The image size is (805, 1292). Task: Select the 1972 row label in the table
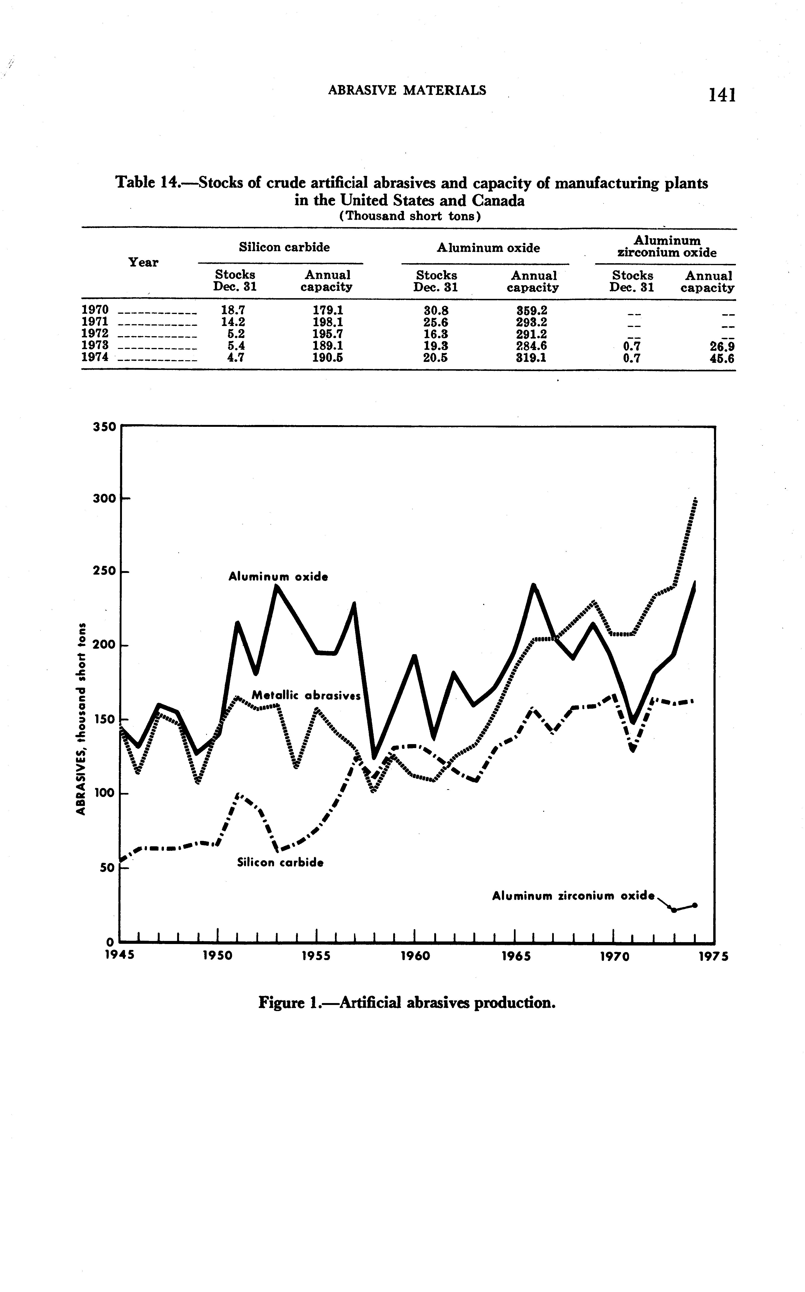point(95,334)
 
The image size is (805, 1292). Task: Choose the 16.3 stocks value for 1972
point(435,334)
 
